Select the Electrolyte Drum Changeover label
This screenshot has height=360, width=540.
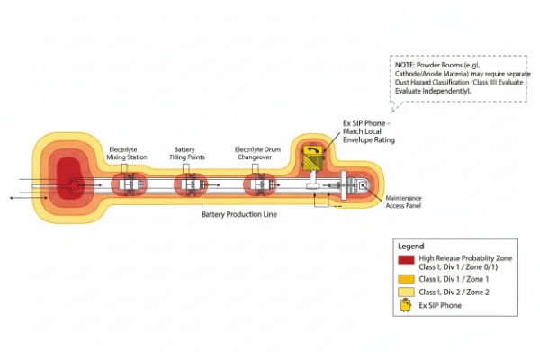(x=256, y=152)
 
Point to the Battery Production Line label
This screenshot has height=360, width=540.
(x=239, y=216)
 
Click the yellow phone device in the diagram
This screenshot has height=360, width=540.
(x=314, y=157)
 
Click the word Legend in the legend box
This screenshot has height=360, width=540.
(x=410, y=246)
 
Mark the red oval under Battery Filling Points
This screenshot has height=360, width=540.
(x=190, y=184)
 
